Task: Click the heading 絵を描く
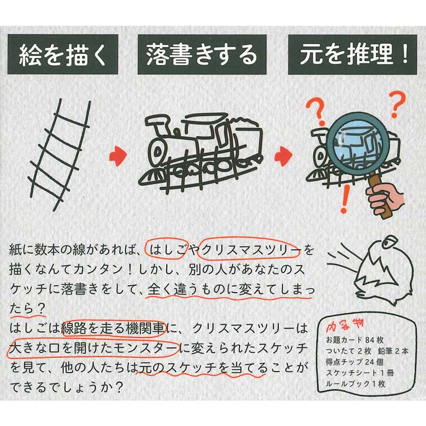point(62,54)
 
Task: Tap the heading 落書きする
point(202,54)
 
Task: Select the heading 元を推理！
point(353,54)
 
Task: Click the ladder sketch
point(60,155)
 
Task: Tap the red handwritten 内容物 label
point(345,326)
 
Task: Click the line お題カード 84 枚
point(355,340)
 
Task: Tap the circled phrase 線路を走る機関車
point(113,329)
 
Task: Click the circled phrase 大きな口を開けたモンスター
point(93,348)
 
